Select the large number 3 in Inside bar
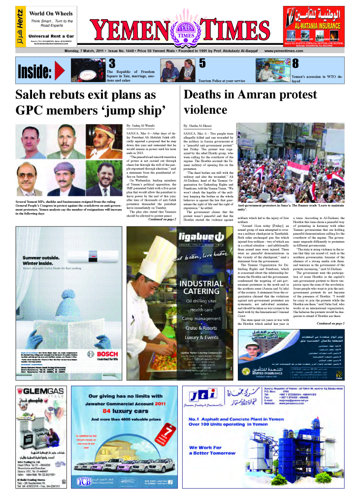click(112, 64)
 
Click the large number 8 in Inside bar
click(295, 64)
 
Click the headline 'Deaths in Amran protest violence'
click(250, 102)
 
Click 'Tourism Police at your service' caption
click(222, 80)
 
